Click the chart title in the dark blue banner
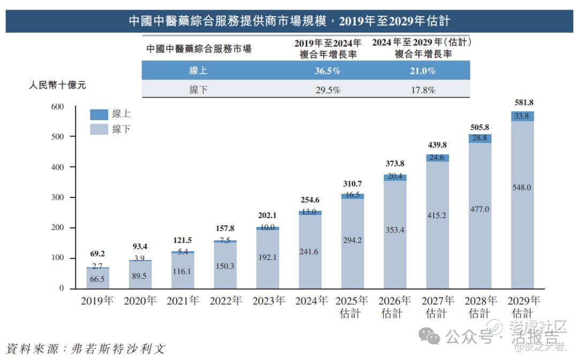coord(289,21)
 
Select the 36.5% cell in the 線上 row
coord(328,71)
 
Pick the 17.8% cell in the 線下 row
coord(423,90)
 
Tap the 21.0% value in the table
coord(423,71)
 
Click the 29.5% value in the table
coord(328,90)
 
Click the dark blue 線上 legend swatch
coord(99,114)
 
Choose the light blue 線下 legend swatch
coord(99,128)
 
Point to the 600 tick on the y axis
coord(57,107)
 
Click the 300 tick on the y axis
coord(57,198)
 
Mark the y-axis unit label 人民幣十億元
coord(57,85)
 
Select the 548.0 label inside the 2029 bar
coord(522,188)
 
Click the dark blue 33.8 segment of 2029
coord(522,116)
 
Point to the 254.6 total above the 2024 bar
coord(310,201)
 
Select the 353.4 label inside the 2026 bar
coord(395,231)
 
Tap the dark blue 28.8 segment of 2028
coord(480,138)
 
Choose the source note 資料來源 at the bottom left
coord(86,349)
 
